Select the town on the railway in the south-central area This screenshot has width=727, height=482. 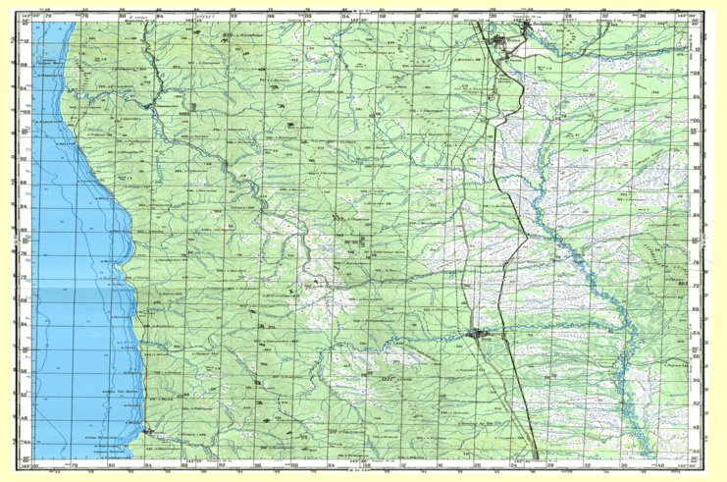click(480, 336)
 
